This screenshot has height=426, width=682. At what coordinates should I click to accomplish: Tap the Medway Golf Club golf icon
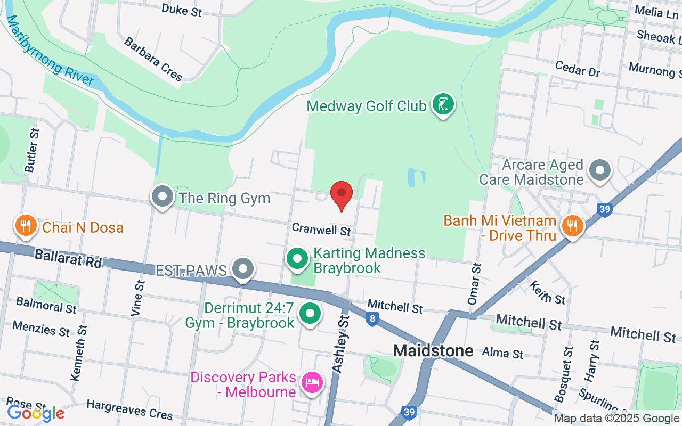pos(443,104)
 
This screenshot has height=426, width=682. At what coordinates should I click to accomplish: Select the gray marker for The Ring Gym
pos(163,197)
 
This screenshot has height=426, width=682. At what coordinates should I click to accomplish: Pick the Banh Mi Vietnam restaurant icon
pos(572,226)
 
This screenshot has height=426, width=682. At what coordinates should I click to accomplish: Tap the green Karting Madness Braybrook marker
pos(298,259)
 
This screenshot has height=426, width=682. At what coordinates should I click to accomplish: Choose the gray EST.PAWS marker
pos(244,269)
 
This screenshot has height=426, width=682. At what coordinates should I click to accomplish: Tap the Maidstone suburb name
pos(433,350)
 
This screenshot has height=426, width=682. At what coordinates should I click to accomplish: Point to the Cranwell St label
pos(321,230)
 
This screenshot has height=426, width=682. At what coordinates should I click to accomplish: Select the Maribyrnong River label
pos(51,51)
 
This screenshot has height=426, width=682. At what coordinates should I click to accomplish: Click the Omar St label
pos(474,284)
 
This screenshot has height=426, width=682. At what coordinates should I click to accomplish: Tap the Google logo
pos(36,413)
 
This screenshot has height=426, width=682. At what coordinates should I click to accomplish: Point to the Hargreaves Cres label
pos(129,409)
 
